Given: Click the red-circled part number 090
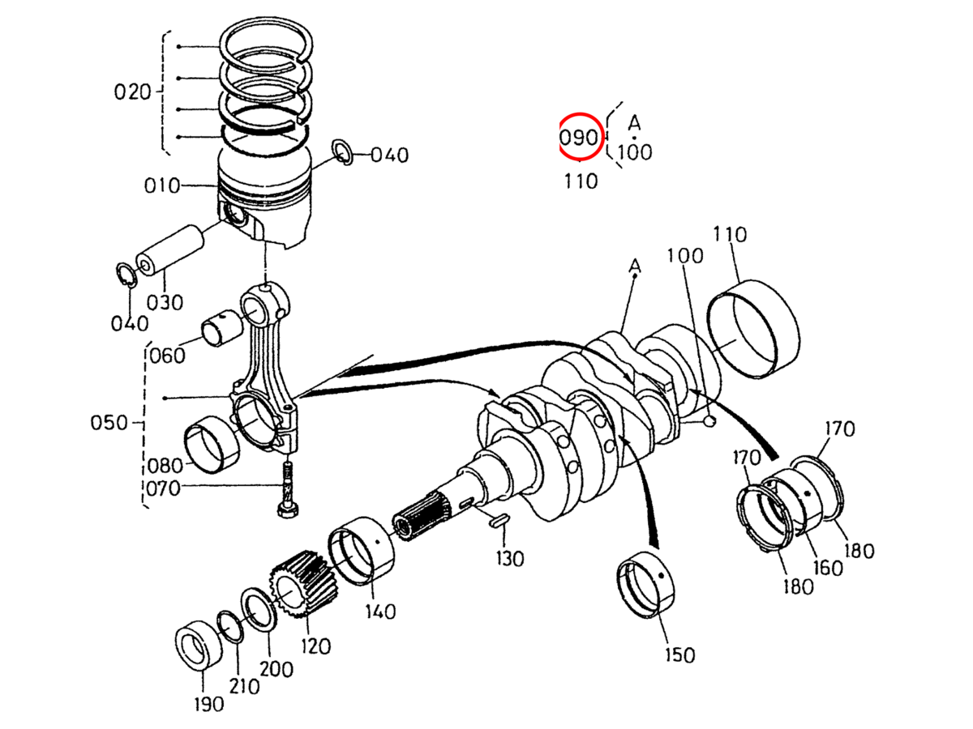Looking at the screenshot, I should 580,137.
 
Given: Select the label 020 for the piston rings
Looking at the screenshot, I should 132,91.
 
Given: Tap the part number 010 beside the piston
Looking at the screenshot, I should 162,186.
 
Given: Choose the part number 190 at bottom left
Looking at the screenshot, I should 208,704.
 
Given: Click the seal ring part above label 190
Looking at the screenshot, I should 197,646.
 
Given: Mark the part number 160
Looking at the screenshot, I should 828,567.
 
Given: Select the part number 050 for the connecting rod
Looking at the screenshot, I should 109,423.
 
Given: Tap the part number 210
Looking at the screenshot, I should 243,686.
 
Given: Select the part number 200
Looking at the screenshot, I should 276,669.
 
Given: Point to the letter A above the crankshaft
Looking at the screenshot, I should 635,266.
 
